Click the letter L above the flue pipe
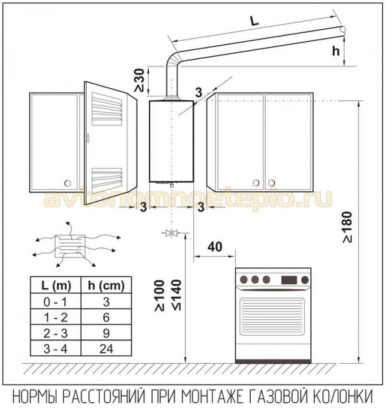tap(255, 21)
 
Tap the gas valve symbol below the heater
tap(170, 233)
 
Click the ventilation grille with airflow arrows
tap(68, 245)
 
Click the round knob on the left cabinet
tap(68, 183)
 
